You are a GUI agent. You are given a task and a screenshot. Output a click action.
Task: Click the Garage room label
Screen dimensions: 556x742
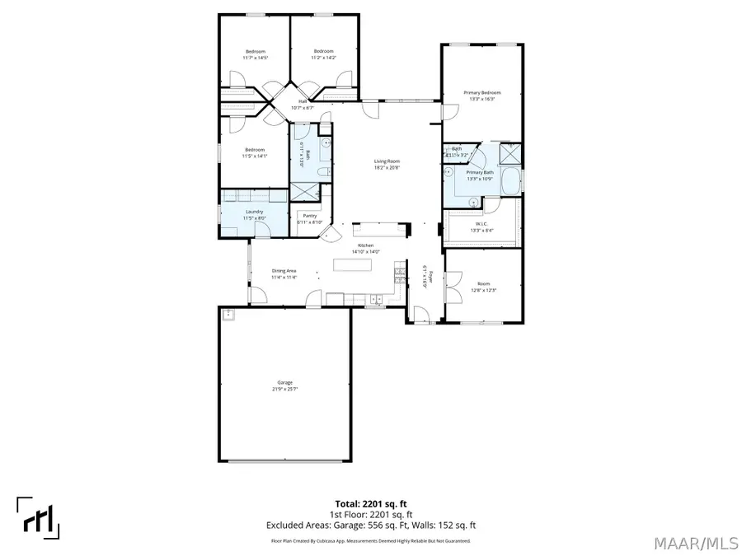coord(284,382)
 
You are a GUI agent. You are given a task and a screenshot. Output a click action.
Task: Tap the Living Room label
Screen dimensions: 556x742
coord(387,162)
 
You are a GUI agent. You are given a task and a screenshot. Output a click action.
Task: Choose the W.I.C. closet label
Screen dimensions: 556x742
coord(481,224)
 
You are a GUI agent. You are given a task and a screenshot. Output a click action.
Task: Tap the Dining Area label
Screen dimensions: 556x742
coord(284,271)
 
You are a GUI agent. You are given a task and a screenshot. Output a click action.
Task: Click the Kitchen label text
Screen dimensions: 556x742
coord(365,245)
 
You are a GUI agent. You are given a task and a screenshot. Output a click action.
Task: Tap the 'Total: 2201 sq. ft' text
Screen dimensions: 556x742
coord(370,502)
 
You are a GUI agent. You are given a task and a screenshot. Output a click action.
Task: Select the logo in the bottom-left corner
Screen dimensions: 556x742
coord(38,518)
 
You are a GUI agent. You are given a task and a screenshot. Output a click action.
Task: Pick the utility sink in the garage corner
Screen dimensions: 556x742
coord(227,314)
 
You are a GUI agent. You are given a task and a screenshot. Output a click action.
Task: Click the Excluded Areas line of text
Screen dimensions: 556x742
coord(370,525)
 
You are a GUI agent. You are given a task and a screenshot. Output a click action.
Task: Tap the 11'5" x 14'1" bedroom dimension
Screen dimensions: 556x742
coord(254,156)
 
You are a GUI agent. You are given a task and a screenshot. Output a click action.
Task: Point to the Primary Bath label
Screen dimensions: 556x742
coord(480,172)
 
